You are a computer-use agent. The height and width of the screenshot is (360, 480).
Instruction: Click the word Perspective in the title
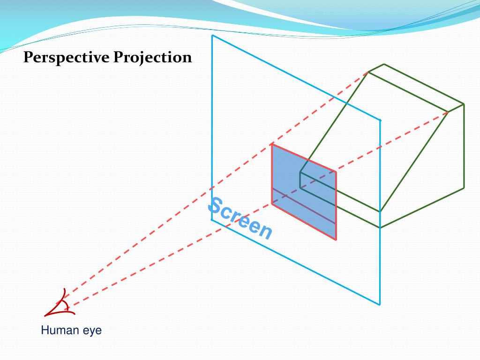pos(66,58)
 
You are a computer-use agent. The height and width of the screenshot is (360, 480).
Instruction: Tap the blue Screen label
pos(240,218)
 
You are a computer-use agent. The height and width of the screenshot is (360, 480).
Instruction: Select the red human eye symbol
pos(59,305)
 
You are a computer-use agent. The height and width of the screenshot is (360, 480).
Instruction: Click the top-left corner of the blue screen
pos(212,35)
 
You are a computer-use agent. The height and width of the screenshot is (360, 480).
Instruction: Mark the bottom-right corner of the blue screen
pos(380,305)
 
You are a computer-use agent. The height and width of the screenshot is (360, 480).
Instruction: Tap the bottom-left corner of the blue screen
pos(212,219)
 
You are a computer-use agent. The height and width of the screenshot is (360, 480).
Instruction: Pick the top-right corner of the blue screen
pos(380,120)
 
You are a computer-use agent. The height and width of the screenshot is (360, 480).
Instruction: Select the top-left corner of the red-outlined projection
pos(272,144)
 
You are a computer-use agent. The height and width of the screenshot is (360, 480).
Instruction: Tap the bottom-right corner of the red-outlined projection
pos(336,240)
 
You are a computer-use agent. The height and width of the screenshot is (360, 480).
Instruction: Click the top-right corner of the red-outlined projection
pos(336,172)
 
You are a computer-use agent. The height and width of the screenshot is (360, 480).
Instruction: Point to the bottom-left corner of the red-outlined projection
pos(272,203)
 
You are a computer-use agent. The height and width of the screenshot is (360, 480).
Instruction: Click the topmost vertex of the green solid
pos(384,64)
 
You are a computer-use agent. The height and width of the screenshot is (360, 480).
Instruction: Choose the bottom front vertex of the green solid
pos(380,228)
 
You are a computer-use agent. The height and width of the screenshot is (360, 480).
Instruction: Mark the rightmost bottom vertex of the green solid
pos(464,188)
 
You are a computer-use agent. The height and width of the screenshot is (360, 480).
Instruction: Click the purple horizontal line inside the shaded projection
pos(304,205)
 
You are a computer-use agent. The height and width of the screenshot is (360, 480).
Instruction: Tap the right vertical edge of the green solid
pos(464,146)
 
